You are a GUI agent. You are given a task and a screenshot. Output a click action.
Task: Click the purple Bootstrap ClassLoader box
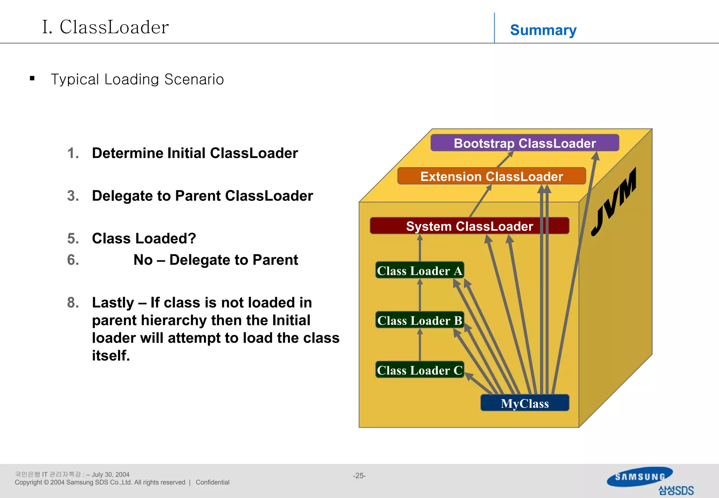(525, 143)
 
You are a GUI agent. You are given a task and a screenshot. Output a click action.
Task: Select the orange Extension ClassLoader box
(492, 176)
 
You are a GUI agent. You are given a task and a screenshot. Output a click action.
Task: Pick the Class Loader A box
(420, 270)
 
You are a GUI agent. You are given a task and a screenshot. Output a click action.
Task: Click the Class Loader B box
(420, 320)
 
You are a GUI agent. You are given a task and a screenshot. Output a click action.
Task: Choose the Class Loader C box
(420, 370)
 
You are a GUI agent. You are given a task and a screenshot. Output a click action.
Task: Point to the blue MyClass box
(525, 403)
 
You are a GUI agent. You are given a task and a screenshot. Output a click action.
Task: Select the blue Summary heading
(543, 30)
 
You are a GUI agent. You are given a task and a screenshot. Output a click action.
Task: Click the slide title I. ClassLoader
(105, 27)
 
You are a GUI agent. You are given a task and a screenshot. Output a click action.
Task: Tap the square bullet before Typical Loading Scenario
(32, 79)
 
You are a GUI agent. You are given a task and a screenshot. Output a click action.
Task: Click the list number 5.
(73, 238)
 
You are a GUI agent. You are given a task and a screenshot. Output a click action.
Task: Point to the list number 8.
(73, 302)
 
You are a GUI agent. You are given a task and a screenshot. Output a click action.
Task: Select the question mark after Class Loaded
(192, 238)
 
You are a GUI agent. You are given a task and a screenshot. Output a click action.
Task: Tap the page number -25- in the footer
(359, 476)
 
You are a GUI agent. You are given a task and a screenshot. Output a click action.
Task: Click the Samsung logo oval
(640, 477)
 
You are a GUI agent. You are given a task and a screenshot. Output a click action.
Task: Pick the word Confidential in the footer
(212, 482)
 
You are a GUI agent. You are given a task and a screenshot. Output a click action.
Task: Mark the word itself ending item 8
(111, 355)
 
